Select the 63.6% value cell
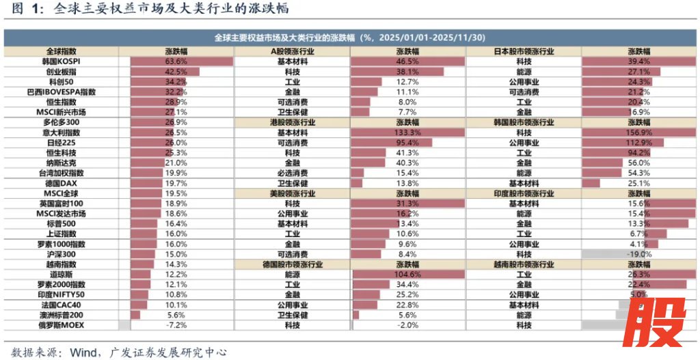(176, 61)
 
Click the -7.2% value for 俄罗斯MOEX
(176, 325)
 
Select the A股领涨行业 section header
(292, 51)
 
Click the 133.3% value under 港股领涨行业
(407, 132)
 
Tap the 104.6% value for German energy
(407, 274)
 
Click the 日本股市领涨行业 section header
(524, 51)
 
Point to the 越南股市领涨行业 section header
(524, 264)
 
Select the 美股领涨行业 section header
(292, 193)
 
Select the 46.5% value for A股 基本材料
(407, 61)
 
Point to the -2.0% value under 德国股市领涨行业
(407, 325)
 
